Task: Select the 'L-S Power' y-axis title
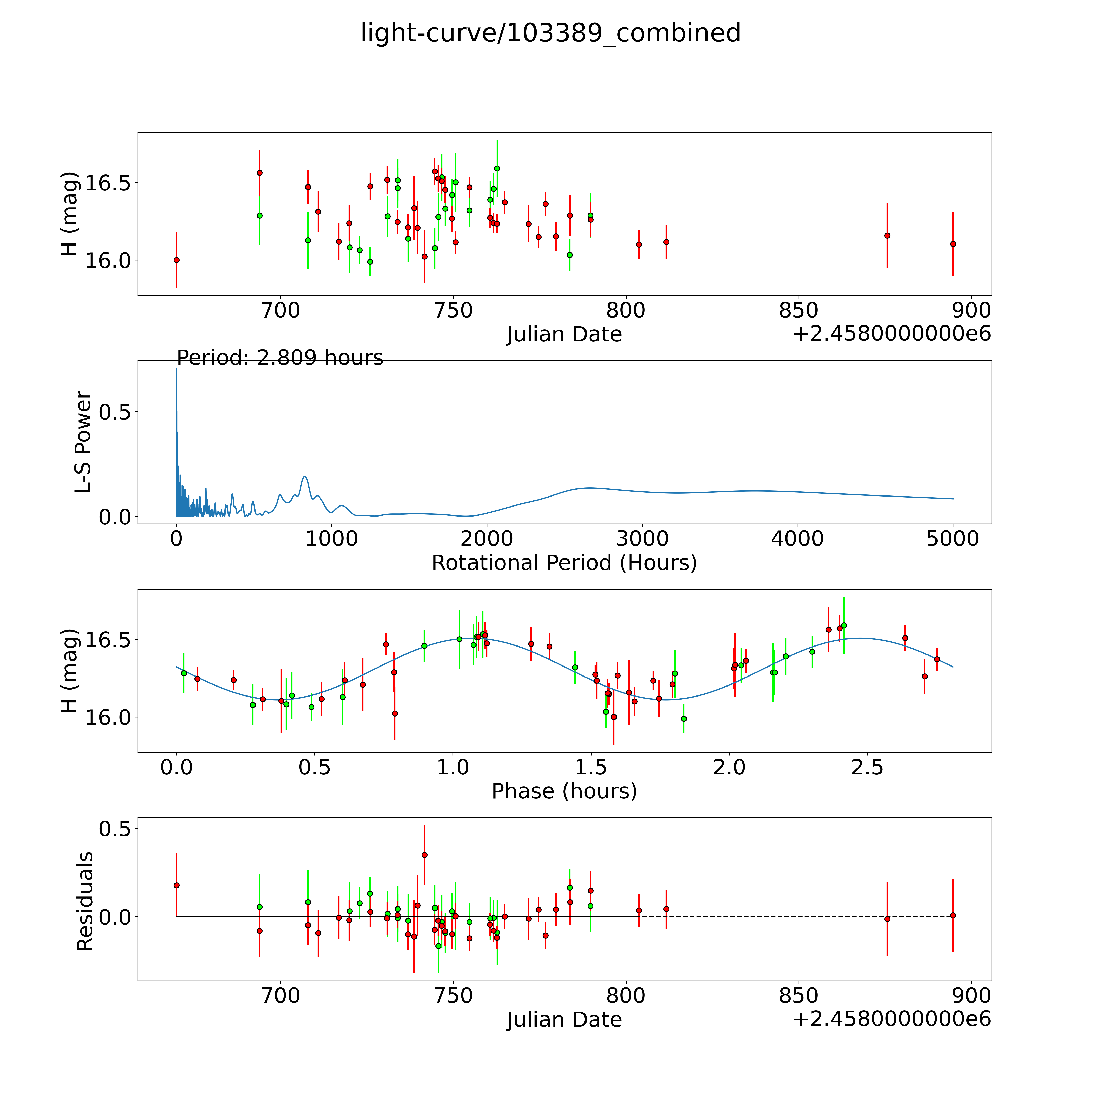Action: (83, 442)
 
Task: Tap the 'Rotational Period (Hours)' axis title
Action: (564, 563)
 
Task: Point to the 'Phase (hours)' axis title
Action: (564, 791)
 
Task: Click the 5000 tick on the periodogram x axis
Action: (953, 539)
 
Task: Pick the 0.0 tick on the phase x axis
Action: (176, 767)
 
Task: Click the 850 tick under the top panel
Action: (799, 311)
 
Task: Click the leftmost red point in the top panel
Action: (176, 260)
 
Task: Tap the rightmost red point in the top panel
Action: (953, 244)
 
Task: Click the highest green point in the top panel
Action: (497, 168)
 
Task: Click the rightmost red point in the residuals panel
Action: (953, 915)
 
